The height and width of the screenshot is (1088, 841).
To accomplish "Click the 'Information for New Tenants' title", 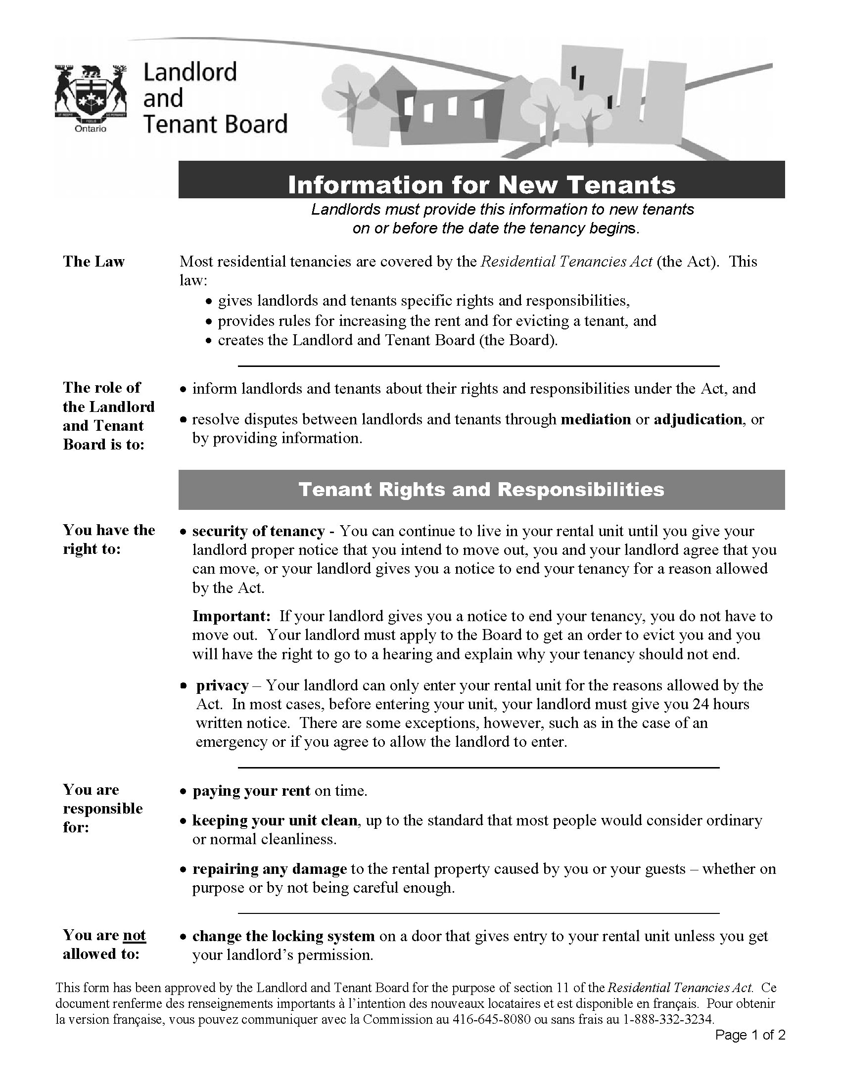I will (481, 184).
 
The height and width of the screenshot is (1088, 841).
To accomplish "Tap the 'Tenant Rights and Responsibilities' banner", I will (481, 489).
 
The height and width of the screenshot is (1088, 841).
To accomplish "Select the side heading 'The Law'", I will (93, 262).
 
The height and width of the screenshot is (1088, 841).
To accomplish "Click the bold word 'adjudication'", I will (698, 419).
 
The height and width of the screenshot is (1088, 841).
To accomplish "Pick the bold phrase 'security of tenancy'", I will (259, 531).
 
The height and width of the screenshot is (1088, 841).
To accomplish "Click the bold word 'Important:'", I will (232, 616).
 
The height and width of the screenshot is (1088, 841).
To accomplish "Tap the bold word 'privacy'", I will (222, 685).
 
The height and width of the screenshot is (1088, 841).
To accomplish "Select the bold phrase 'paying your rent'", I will (252, 791).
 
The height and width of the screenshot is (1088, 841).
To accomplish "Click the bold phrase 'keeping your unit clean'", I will (275, 820).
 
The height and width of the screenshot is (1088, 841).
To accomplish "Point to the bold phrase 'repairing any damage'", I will (270, 869).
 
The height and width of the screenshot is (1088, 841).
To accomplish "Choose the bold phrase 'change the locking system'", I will (283, 936).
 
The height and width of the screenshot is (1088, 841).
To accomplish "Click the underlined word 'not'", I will (135, 935).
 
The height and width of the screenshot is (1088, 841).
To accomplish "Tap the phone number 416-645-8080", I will (491, 1019).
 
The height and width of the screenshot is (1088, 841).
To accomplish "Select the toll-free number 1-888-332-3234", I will (668, 1019).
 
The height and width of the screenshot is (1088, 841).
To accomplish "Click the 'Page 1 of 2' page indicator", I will (750, 1035).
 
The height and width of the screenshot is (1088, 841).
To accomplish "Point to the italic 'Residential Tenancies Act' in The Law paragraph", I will (566, 262).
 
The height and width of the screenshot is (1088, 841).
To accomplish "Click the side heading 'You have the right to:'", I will (109, 539).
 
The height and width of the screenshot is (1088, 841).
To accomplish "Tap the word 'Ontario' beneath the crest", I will (90, 129).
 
